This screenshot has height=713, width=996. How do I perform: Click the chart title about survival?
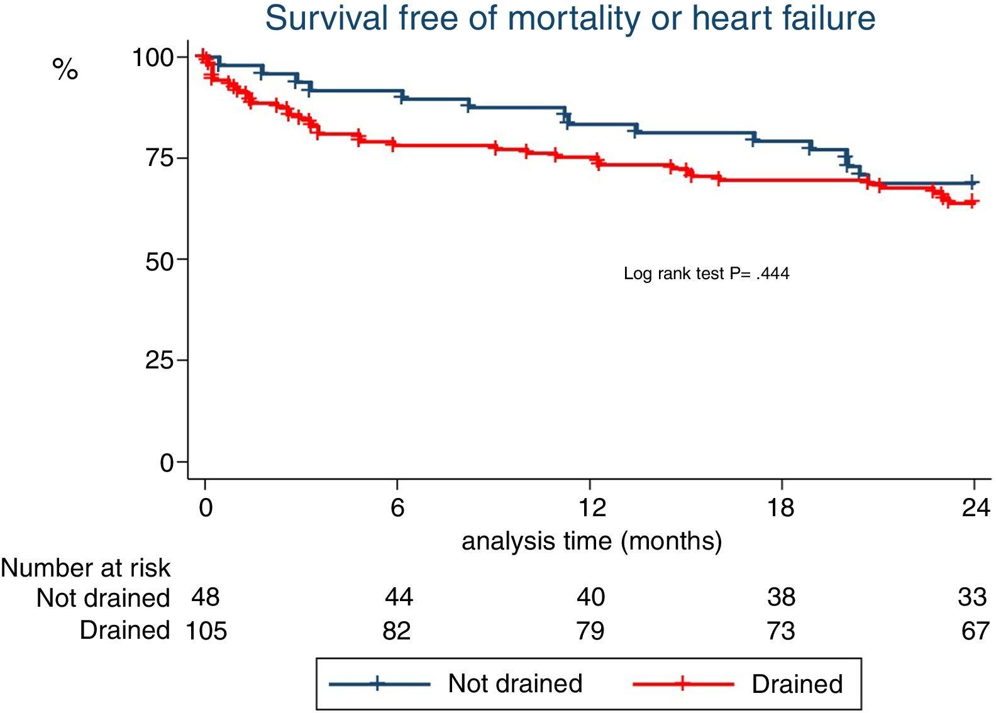pyautogui.click(x=570, y=19)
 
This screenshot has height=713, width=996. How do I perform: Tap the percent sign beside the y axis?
pyautogui.click(x=65, y=69)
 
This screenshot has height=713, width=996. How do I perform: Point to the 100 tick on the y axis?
pyautogui.click(x=152, y=58)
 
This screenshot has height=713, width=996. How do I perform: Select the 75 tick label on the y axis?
pyautogui.click(x=160, y=158)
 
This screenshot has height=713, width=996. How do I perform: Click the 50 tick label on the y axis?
pyautogui.click(x=160, y=261)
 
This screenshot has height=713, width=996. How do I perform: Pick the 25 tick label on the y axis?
pyautogui.click(x=160, y=361)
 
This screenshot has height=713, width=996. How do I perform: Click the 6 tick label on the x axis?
pyautogui.click(x=397, y=507)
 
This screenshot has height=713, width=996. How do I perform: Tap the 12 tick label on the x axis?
pyautogui.click(x=591, y=507)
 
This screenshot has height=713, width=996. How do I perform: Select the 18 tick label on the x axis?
pyautogui.click(x=781, y=507)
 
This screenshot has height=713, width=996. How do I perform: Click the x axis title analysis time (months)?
pyautogui.click(x=592, y=541)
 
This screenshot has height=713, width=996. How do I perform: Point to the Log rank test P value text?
pyautogui.click(x=706, y=274)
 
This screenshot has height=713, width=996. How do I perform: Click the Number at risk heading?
pyautogui.click(x=86, y=568)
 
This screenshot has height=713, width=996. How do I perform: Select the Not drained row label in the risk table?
pyautogui.click(x=103, y=598)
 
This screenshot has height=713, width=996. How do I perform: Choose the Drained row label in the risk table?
pyautogui.click(x=124, y=630)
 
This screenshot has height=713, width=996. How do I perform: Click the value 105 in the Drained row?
pyautogui.click(x=206, y=631)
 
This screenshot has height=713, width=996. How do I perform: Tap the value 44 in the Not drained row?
pyautogui.click(x=399, y=597)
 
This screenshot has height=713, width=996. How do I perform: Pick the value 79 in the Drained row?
pyautogui.click(x=590, y=631)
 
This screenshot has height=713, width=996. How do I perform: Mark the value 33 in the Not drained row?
pyautogui.click(x=972, y=597)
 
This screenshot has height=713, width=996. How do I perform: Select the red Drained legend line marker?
pyautogui.click(x=683, y=683)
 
